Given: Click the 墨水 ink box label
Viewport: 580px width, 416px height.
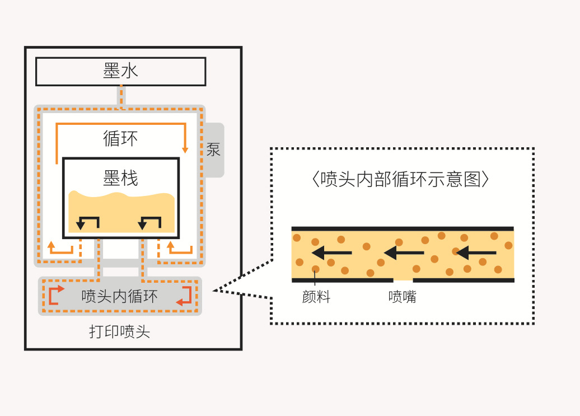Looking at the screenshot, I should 120,71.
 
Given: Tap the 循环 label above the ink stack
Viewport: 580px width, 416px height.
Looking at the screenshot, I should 120,138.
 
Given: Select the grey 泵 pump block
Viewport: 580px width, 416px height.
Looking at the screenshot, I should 214,149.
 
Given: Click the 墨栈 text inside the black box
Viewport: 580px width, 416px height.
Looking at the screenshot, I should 120,178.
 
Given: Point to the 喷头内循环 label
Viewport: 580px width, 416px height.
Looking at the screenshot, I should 120,296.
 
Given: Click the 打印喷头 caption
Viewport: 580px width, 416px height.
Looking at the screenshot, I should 120,331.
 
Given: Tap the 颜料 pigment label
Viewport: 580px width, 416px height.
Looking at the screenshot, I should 316,297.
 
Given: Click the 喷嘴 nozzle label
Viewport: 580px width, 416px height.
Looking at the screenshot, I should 403,297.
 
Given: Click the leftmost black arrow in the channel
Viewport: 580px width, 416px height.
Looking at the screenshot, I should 331,253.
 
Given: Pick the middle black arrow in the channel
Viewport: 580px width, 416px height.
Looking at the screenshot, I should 404,253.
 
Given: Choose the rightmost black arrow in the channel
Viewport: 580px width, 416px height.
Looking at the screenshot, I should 476,253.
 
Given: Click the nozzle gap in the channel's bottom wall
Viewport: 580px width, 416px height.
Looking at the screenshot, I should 403,279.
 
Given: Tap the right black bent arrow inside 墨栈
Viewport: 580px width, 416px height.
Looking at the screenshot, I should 149,222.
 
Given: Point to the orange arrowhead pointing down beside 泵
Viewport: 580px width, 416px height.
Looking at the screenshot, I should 185,149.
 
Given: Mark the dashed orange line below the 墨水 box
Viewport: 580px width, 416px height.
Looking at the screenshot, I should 121,95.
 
